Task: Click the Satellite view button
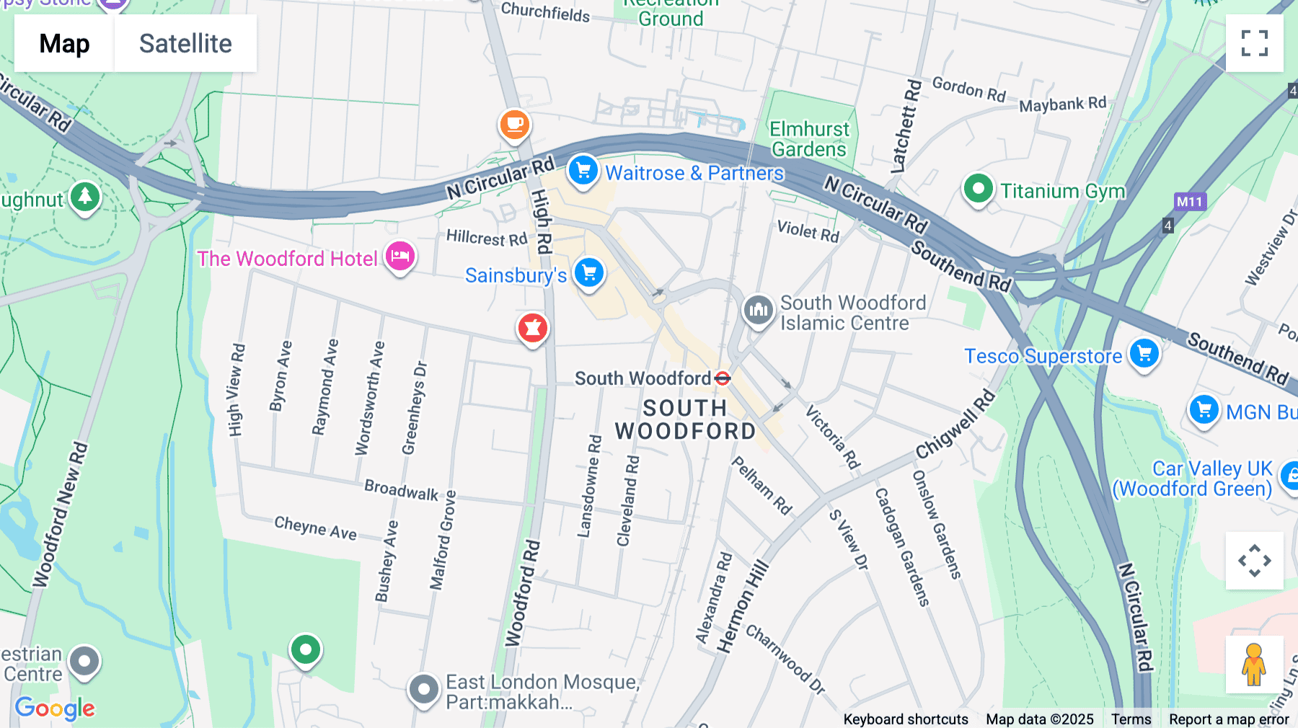pos(185,43)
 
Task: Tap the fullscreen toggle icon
pos(1254,43)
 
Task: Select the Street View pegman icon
pos(1254,665)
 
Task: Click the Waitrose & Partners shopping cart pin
pos(583,171)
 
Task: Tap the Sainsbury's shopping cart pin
pos(589,273)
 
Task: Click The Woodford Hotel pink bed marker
pos(400,256)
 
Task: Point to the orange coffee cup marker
pos(514,125)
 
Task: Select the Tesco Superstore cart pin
pos(1144,354)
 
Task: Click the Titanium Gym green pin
pos(978,189)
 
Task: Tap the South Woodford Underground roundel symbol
pos(723,378)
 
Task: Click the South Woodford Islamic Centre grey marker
pos(758,311)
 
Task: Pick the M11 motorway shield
pos(1189,202)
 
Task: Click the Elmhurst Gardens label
pos(809,139)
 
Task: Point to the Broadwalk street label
pos(401,490)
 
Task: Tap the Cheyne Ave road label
pos(315,528)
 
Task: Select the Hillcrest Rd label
pos(486,237)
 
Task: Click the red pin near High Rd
pos(532,328)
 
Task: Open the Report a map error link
pos(1228,719)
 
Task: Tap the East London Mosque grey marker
pos(423,690)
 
